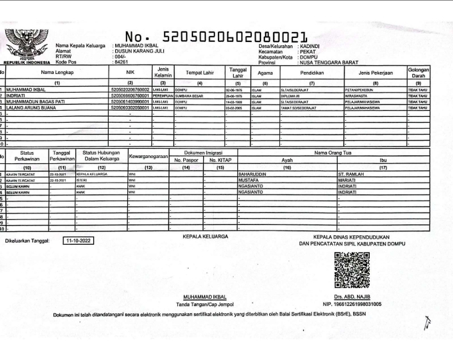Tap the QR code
pos(352,270)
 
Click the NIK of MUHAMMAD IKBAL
pos(130,89)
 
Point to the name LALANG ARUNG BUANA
pos(33,107)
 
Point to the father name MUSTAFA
pos(248,179)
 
